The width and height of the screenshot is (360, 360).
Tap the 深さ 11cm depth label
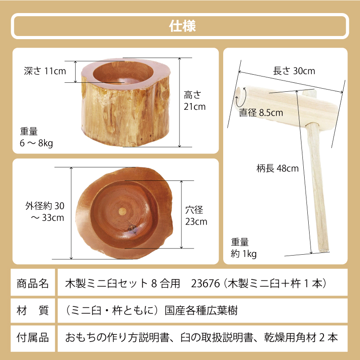(x=45, y=71)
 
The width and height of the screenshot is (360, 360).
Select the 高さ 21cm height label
(x=194, y=101)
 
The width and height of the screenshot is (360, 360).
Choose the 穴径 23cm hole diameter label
(x=196, y=216)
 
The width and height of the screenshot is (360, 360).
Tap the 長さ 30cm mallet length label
(x=294, y=71)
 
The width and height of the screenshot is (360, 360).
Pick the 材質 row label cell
(x=32, y=310)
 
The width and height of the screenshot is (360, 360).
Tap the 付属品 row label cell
(x=32, y=337)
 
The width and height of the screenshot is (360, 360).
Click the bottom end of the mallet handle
(x=324, y=248)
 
